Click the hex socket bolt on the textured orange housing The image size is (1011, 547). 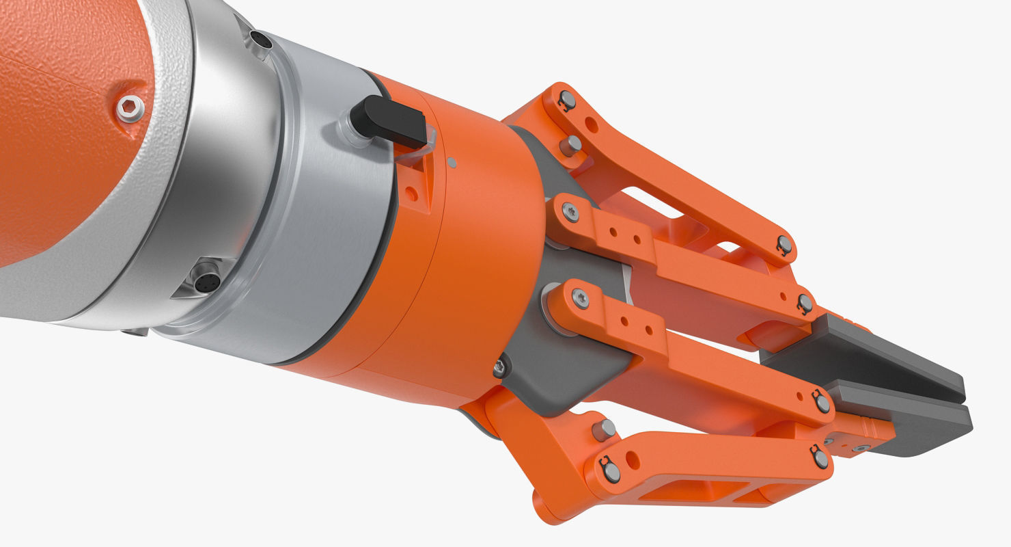click(x=130, y=108)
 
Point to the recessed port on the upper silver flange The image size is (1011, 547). click(x=260, y=40)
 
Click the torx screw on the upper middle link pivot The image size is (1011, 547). click(x=570, y=211)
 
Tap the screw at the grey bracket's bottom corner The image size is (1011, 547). click(x=500, y=368)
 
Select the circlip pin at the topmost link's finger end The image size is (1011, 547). click(x=784, y=244)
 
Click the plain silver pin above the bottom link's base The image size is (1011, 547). click(x=604, y=429)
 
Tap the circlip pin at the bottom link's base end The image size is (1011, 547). click(x=609, y=469)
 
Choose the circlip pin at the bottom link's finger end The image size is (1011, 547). click(x=820, y=457)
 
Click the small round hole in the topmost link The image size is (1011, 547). click(x=592, y=125)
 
